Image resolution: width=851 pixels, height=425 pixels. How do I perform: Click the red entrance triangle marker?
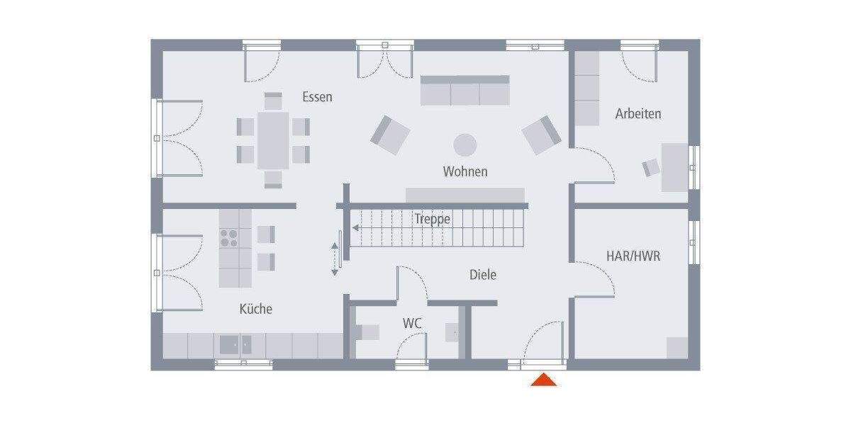click(x=544, y=380)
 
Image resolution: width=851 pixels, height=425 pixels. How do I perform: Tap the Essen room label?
click(x=317, y=97)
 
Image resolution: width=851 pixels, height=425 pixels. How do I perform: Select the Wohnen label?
click(x=465, y=171)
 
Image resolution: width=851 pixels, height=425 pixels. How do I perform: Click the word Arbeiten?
click(x=638, y=113)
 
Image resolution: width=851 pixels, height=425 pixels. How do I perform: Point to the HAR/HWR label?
click(x=633, y=256)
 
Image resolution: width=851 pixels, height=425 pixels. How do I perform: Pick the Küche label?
click(x=255, y=309)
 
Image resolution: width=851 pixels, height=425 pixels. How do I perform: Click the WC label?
click(x=413, y=323)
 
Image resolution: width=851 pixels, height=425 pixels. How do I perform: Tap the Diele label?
click(x=482, y=275)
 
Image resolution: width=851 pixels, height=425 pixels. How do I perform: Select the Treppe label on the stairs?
click(x=432, y=219)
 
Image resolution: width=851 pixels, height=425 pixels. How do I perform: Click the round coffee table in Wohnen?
click(x=465, y=144)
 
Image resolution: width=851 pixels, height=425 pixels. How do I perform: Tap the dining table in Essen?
click(x=273, y=140)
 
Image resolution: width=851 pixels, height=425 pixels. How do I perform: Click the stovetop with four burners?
click(x=229, y=237)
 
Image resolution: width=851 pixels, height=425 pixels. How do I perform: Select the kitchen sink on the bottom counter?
click(x=235, y=345)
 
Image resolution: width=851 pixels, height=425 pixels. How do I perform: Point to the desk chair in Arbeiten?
click(x=651, y=168)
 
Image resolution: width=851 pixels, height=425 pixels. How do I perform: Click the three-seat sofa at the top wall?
click(x=465, y=91)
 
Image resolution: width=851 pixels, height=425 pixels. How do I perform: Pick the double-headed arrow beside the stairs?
click(x=335, y=259)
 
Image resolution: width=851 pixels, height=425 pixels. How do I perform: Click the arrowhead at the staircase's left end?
click(x=356, y=228)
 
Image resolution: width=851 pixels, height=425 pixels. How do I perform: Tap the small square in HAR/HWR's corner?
click(x=677, y=347)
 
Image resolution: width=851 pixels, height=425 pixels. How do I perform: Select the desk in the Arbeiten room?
click(x=674, y=167)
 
